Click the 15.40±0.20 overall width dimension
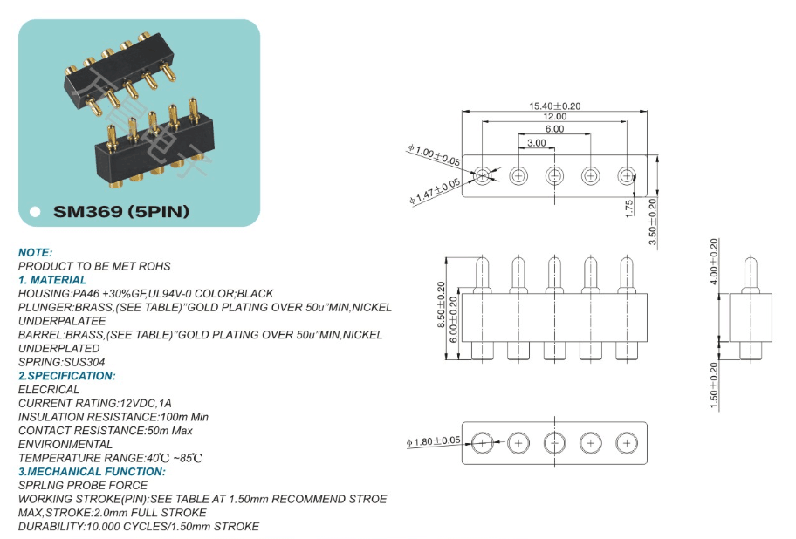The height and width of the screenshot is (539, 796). tap(554, 106)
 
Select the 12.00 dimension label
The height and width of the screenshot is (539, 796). tap(554, 117)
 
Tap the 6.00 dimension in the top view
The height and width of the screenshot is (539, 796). tap(554, 129)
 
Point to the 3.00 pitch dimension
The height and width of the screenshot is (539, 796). tap(536, 142)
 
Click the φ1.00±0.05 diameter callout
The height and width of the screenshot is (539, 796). tap(434, 156)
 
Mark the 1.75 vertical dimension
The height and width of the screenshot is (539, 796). tap(628, 208)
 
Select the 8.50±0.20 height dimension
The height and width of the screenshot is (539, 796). tap(441, 305)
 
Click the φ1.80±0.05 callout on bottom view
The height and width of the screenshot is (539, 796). tap(433, 441)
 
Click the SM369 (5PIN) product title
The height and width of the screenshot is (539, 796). tap(121, 211)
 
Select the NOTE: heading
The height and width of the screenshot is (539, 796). tap(36, 252)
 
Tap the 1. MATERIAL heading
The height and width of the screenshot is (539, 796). tap(52, 280)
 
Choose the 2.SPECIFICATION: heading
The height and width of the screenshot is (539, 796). tap(66, 376)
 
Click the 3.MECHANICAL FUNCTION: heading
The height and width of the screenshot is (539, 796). tap(92, 472)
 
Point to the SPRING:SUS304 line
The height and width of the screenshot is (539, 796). tap(58, 362)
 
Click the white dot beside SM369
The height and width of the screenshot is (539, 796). tap(35, 212)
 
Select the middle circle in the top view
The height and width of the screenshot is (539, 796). tap(554, 176)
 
